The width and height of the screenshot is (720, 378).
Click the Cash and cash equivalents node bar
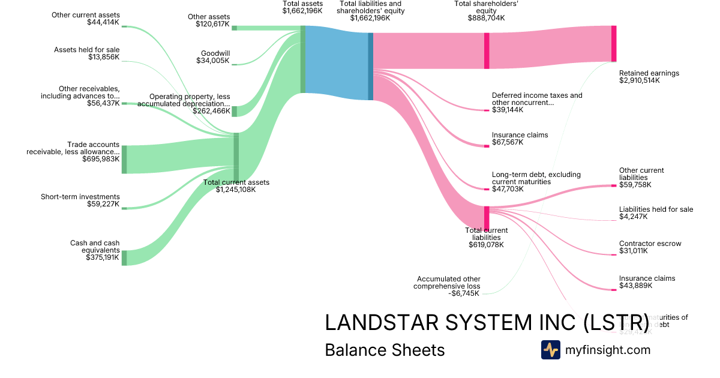[x=124, y=258]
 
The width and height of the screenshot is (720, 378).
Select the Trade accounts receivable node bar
[x=124, y=159]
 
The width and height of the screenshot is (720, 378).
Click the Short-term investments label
[x=80, y=197]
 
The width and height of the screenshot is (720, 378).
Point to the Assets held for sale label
[x=87, y=50]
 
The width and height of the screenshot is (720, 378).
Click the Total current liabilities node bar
[x=487, y=218]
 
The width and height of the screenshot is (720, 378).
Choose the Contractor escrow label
[x=650, y=244]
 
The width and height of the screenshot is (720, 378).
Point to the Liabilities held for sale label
[x=656, y=209]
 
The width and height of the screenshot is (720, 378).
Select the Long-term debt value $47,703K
[x=508, y=189]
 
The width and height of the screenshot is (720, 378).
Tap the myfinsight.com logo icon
[x=550, y=350]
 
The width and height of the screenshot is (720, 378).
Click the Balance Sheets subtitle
[x=385, y=350]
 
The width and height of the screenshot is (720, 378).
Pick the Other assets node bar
[x=234, y=28]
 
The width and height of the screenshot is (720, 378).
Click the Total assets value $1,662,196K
[x=302, y=11]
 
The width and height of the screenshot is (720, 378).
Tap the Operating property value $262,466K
[x=211, y=111]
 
